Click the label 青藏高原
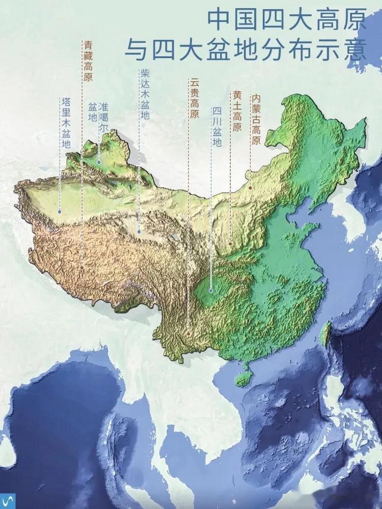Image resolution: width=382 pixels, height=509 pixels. pyautogui.click(x=87, y=60)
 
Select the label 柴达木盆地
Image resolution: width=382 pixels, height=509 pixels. pyautogui.click(x=144, y=95)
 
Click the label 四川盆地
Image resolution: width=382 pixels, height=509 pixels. pyautogui.click(x=216, y=127)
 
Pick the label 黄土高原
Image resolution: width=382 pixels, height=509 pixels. pyautogui.click(x=237, y=111)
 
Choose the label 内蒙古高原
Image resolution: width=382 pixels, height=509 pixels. pyautogui.click(x=256, y=119)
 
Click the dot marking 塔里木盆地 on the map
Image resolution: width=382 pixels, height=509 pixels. pyautogui.click(x=59, y=212)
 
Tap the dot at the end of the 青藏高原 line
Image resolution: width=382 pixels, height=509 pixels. pyautogui.click(x=82, y=268)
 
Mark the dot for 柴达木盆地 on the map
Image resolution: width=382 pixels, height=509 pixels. pyautogui.click(x=139, y=231)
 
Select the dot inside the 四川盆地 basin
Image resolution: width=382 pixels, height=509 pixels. pyautogui.click(x=210, y=291)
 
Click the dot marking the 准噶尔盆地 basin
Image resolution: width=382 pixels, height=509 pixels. pyautogui.click(x=98, y=162)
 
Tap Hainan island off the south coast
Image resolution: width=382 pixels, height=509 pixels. pyautogui.click(x=243, y=377)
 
